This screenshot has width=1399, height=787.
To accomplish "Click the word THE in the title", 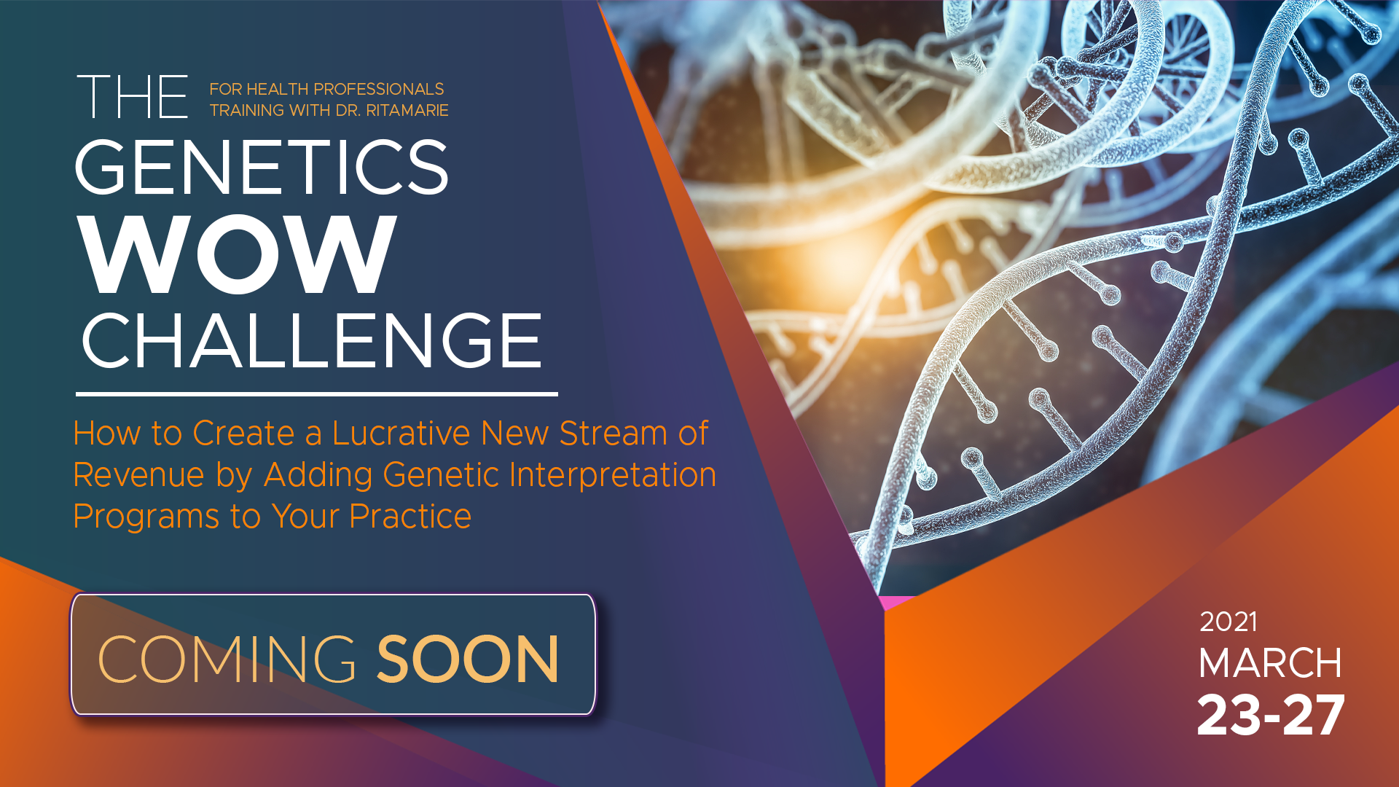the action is [132, 97].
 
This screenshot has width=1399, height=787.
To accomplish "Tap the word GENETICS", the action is [262, 167].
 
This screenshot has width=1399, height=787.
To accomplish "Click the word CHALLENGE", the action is [312, 340].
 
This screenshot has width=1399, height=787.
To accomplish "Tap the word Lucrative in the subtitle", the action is [401, 433].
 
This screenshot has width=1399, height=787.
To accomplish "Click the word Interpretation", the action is [613, 475].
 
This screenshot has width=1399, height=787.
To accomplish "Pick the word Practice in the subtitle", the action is [410, 517].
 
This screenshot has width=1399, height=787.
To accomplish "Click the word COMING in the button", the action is [227, 659].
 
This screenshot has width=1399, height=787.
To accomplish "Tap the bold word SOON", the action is [468, 659].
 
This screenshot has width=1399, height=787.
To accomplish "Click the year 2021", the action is [1228, 622].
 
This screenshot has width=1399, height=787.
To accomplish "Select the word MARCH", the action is [1270, 663].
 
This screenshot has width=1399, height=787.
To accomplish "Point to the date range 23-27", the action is [1271, 715].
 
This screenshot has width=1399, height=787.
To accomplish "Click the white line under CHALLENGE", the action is [317, 394].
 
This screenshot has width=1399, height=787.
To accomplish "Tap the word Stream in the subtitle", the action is [613, 433].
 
